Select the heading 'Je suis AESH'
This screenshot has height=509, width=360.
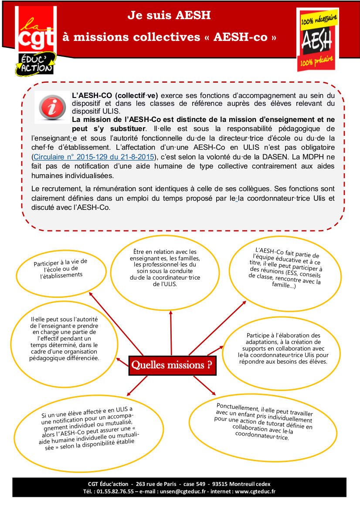pyautogui.click(x=169, y=16)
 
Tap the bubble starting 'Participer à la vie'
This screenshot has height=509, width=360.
pyautogui.click(x=61, y=269)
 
